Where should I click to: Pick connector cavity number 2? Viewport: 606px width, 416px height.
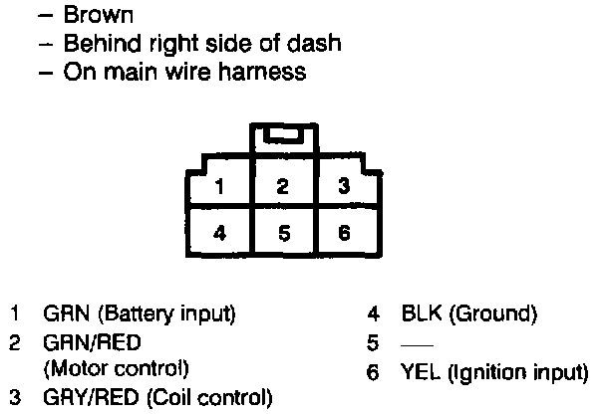(282, 186)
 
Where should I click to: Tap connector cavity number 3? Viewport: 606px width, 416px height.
(343, 186)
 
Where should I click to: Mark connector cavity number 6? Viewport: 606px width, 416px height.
(343, 235)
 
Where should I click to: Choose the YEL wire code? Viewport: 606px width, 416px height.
(420, 373)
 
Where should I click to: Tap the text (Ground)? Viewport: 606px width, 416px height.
(492, 315)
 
